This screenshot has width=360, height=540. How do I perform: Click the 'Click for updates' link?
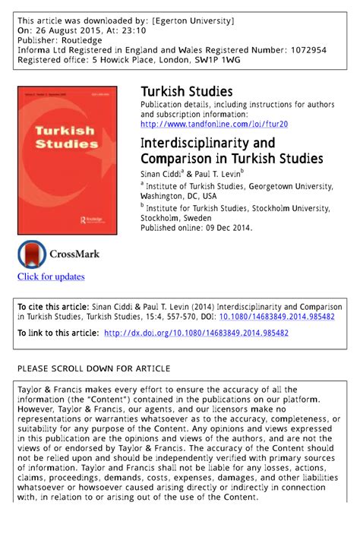point(51,276)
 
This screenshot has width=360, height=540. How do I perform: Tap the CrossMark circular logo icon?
point(32,254)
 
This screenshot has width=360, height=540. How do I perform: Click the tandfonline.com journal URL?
point(214,124)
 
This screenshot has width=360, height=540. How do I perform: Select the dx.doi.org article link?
point(196,333)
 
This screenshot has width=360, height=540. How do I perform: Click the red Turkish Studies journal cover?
point(67,159)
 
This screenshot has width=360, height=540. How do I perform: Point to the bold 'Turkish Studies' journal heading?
point(186,92)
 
